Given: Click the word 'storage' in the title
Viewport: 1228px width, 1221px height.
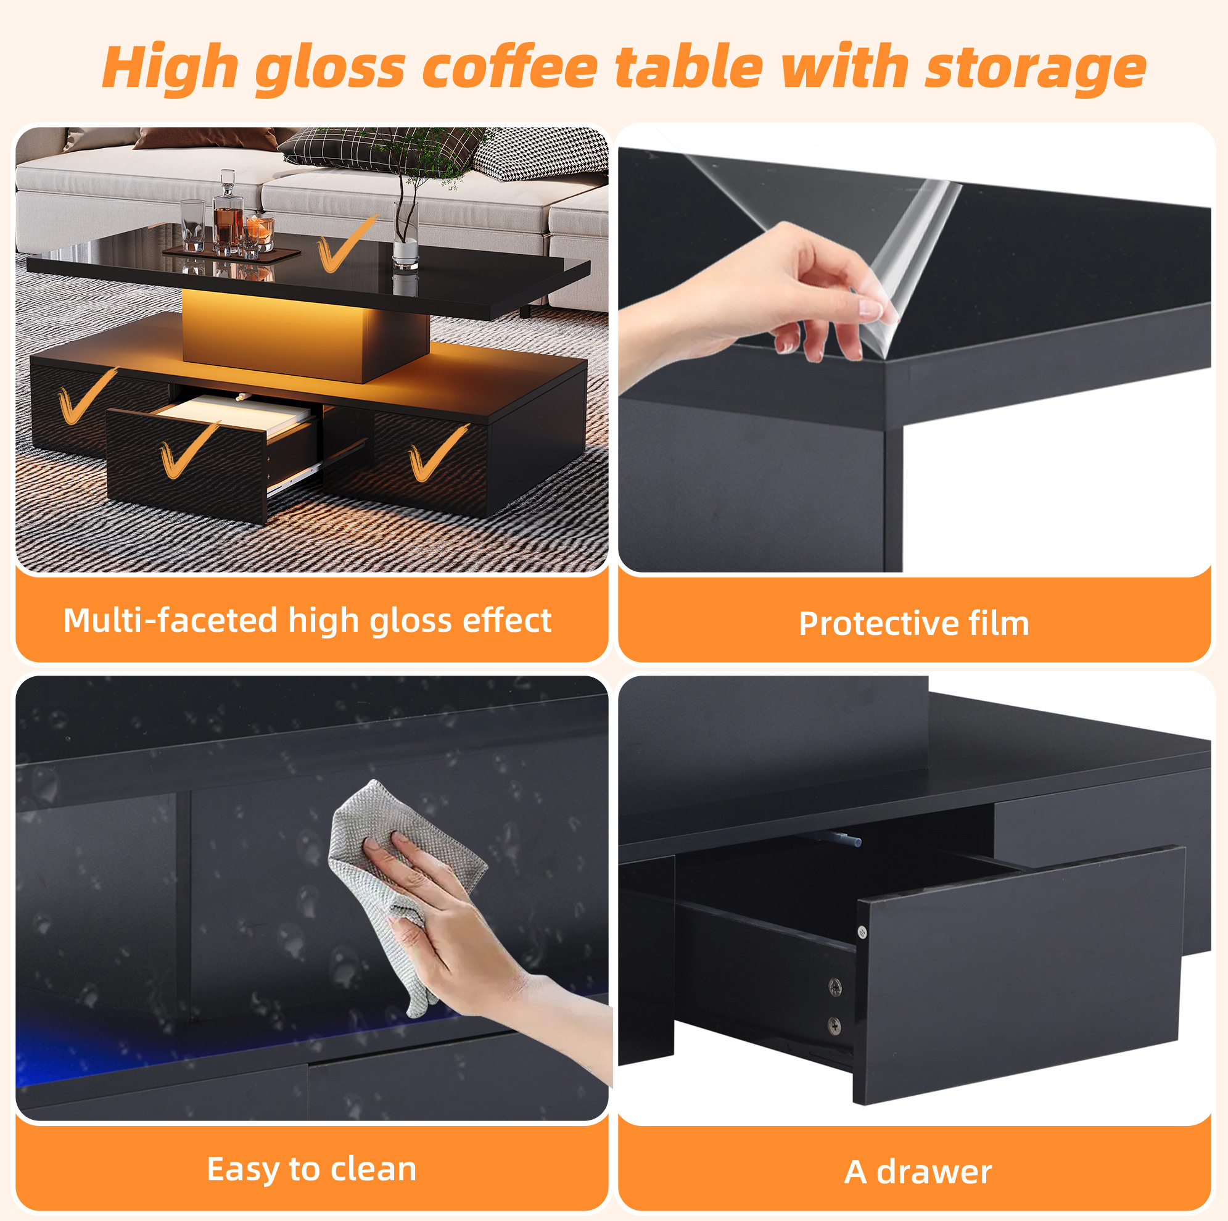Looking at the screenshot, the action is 1036,68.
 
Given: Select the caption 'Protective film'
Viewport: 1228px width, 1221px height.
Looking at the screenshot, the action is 914,623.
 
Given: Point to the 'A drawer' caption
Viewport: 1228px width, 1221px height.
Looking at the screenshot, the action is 918,1172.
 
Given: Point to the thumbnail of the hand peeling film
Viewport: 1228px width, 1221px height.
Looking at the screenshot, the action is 915,350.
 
